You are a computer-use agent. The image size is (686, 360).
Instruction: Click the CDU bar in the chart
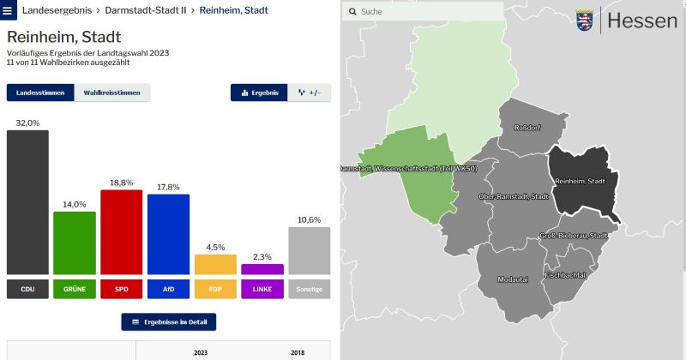(x=27, y=202)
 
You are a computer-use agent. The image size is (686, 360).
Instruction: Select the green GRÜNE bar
(x=75, y=243)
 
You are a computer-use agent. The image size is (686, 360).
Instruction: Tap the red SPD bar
(x=121, y=231)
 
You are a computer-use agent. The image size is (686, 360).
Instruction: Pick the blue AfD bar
(x=168, y=234)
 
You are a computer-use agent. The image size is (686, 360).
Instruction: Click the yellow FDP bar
(x=215, y=264)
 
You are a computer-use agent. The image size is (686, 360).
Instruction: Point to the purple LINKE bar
(x=262, y=269)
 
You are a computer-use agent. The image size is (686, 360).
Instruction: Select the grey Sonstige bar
(x=310, y=250)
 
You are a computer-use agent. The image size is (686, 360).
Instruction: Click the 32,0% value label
(x=27, y=123)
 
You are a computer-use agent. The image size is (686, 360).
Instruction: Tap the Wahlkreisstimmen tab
(x=112, y=93)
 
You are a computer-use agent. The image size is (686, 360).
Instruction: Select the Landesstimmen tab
(x=40, y=93)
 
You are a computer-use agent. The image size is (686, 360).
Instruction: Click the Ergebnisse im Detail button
(x=168, y=322)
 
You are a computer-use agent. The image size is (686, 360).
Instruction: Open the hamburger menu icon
(x=8, y=10)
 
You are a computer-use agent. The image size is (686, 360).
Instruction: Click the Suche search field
(x=423, y=11)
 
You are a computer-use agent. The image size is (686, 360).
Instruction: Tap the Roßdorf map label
(x=527, y=128)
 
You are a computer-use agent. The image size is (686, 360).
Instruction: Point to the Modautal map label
(x=513, y=279)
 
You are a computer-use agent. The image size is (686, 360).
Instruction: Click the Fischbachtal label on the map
(x=565, y=275)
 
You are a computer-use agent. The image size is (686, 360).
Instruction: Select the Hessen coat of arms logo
(x=585, y=20)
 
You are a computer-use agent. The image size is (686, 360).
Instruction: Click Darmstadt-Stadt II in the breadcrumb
(x=146, y=10)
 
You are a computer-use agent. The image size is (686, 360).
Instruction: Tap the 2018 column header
(x=298, y=352)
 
